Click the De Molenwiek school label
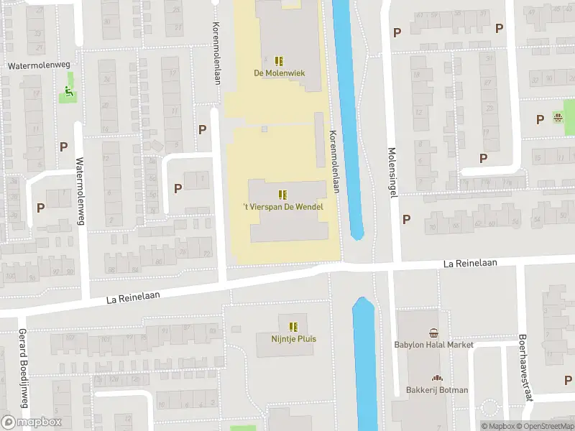280,73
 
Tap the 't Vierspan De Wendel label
282,208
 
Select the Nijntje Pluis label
293,339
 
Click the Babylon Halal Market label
433,345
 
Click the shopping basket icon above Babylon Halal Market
433,333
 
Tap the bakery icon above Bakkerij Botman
436,379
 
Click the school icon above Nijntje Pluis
293,327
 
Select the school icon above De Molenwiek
280,61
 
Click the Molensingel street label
392,175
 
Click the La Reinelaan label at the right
471,264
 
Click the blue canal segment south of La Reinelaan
364,359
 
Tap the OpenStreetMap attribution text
549,426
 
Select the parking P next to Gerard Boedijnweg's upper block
41,208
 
